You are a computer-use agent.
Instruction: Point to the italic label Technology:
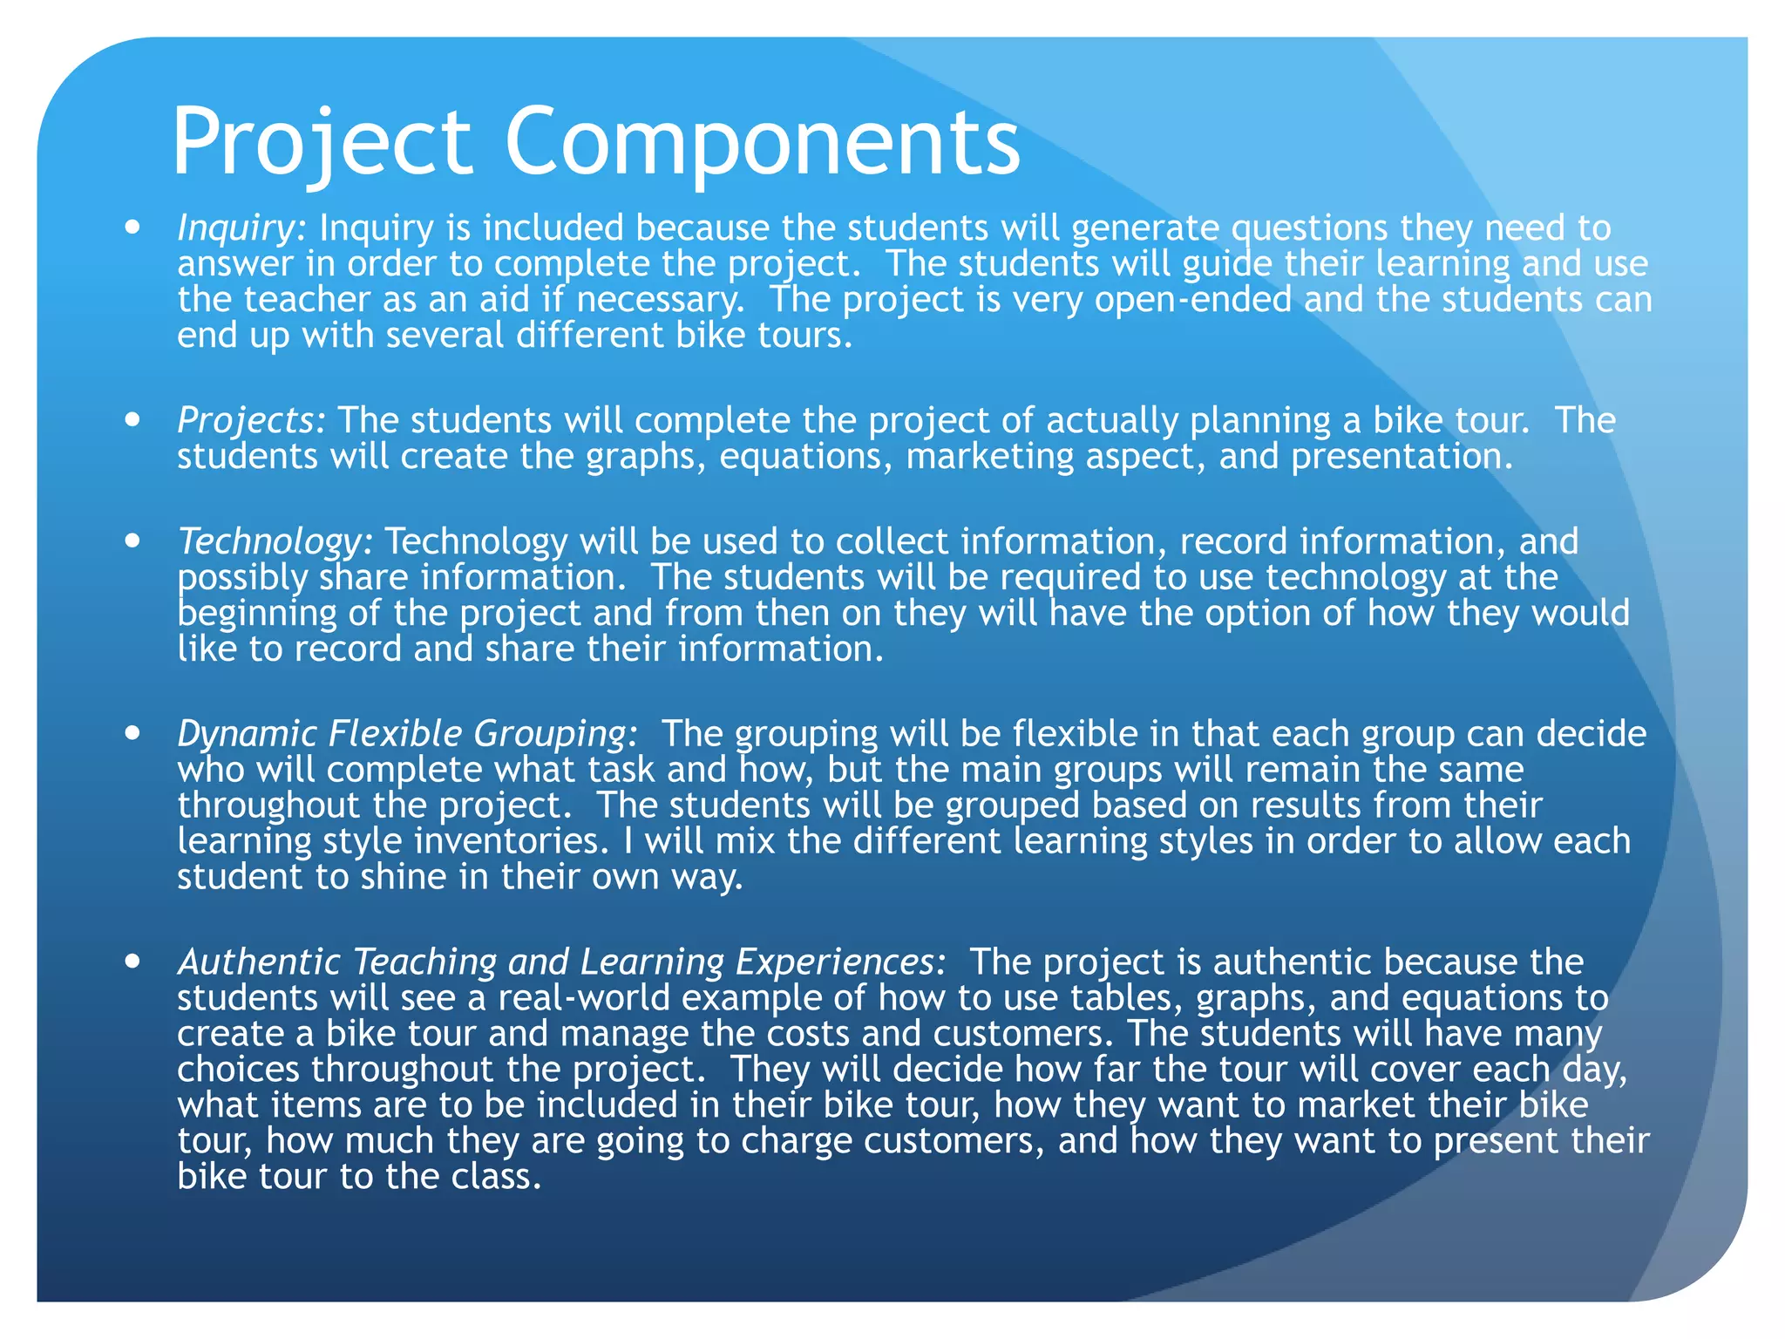point(275,542)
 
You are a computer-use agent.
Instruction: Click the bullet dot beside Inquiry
point(132,228)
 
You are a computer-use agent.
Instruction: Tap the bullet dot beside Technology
point(132,541)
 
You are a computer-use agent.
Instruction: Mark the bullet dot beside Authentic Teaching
point(132,962)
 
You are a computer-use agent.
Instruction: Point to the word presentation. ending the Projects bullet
point(1402,457)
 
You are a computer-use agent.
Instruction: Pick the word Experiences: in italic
point(840,962)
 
